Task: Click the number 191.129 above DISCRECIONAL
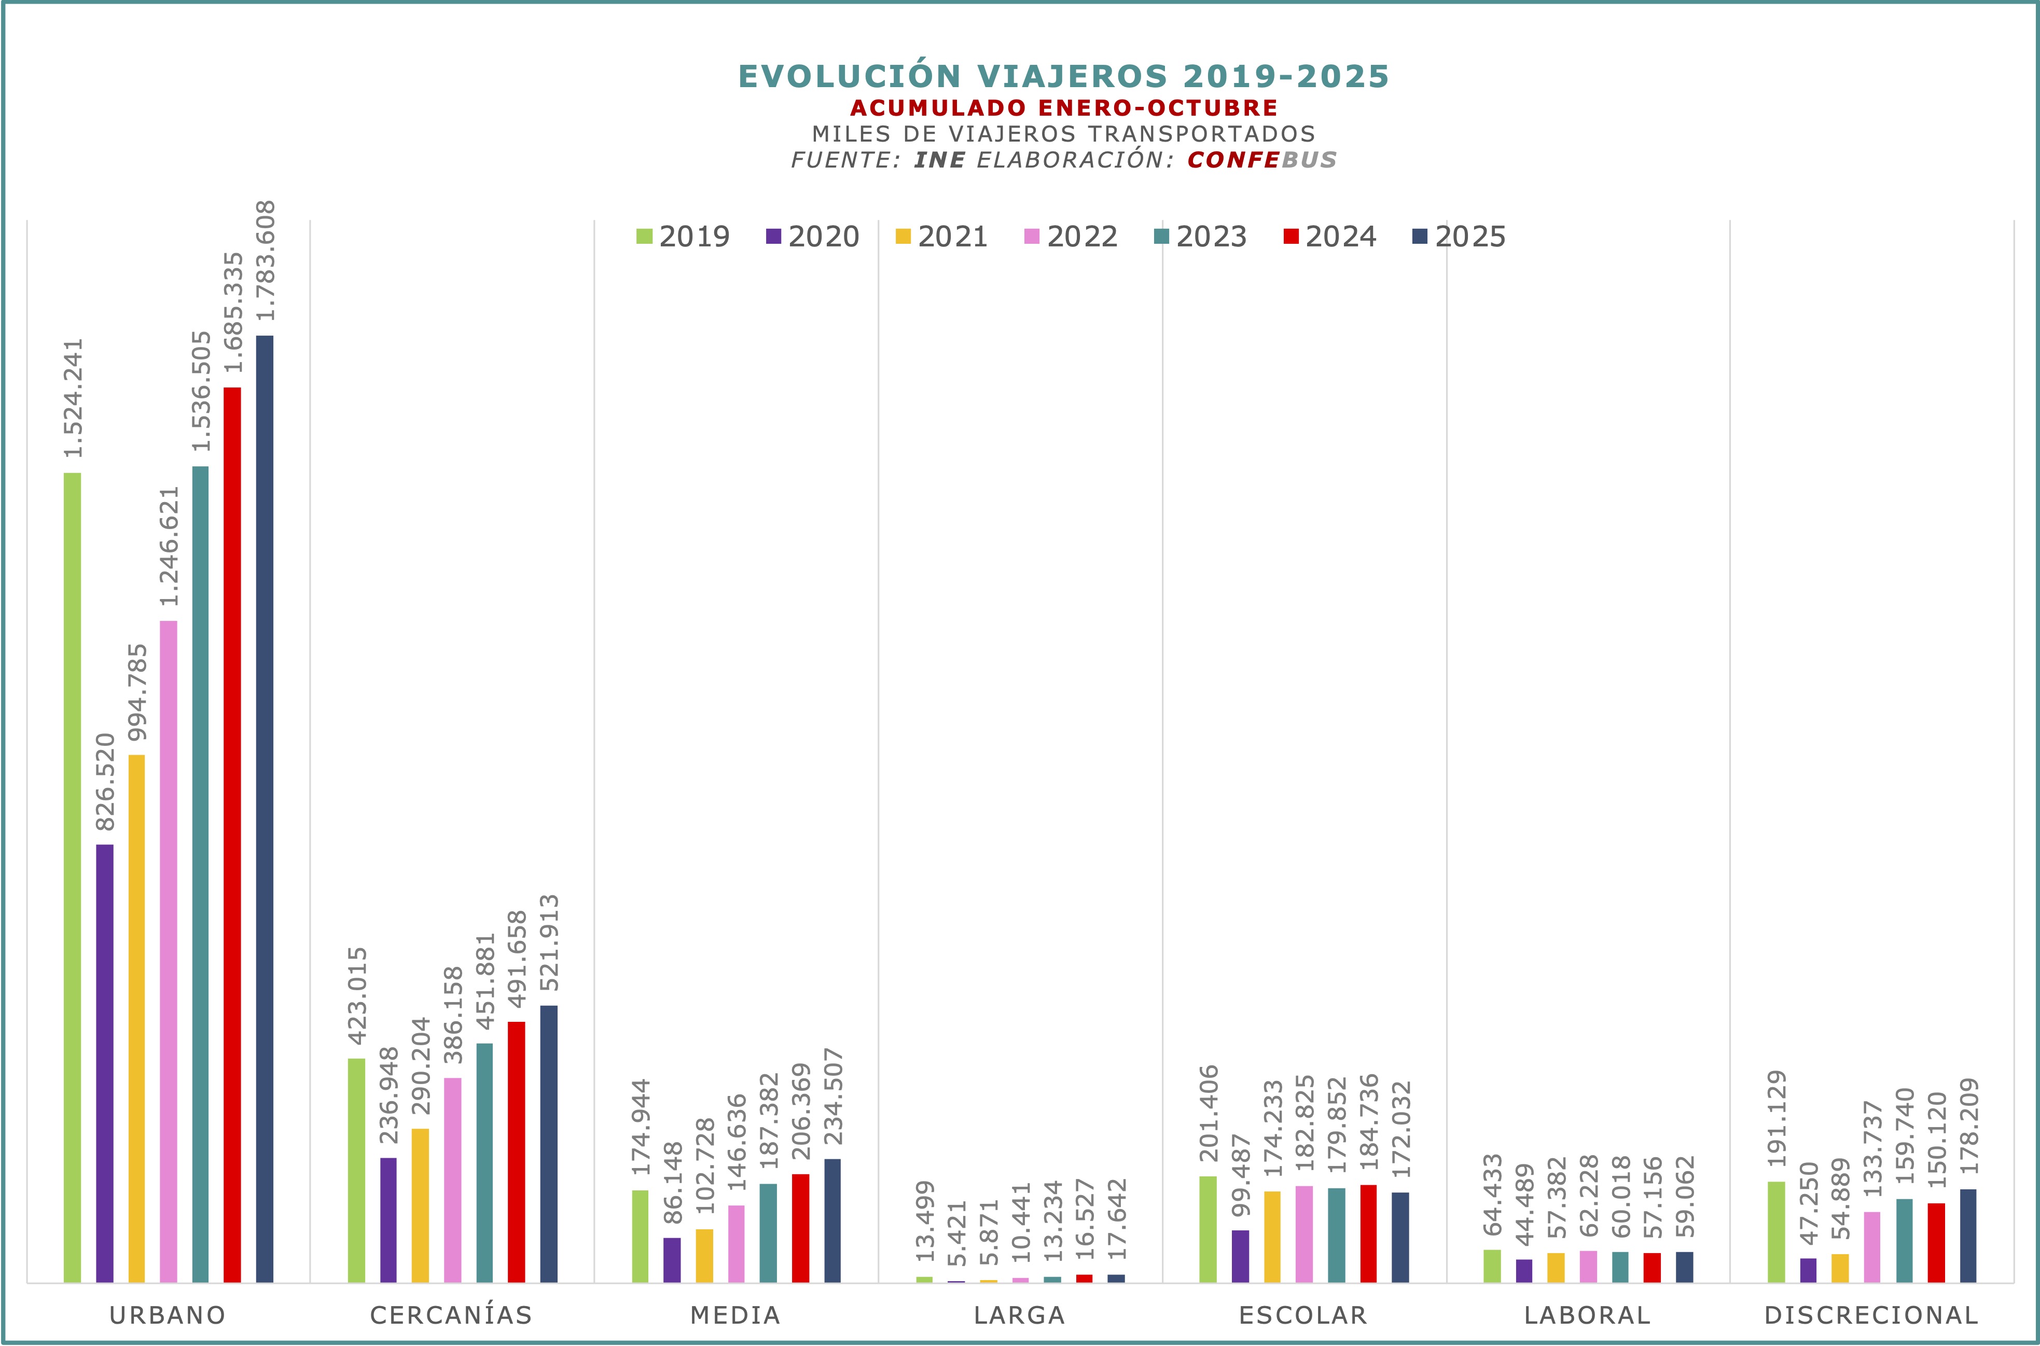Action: click(x=1777, y=1118)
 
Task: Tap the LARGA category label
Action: click(x=1020, y=1314)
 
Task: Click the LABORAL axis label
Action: click(x=1588, y=1314)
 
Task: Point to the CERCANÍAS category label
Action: click(x=451, y=1314)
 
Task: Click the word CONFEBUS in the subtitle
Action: click(x=1261, y=160)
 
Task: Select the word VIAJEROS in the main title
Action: click(x=1073, y=76)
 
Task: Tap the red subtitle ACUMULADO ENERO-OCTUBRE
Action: click(x=1064, y=108)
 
